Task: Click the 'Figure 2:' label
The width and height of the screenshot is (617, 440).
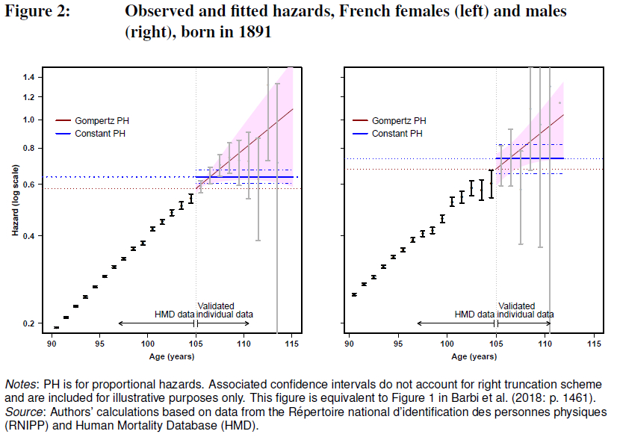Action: click(38, 12)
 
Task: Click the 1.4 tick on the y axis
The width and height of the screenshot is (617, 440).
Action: click(29, 78)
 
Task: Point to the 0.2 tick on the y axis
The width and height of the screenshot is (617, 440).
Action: click(29, 323)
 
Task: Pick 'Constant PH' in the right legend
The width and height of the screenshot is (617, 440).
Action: click(397, 134)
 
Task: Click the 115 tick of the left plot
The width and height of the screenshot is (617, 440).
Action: click(292, 344)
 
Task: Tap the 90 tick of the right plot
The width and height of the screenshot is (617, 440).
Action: click(349, 344)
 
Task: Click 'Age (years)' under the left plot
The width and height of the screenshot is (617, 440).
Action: click(171, 356)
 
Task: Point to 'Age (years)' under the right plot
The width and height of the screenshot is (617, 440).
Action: click(471, 356)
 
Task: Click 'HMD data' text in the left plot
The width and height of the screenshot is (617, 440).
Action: click(174, 314)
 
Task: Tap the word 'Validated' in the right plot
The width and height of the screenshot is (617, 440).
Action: click(516, 306)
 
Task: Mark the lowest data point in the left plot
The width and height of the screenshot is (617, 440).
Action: click(56, 328)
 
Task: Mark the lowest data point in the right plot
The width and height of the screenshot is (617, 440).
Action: click(354, 295)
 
